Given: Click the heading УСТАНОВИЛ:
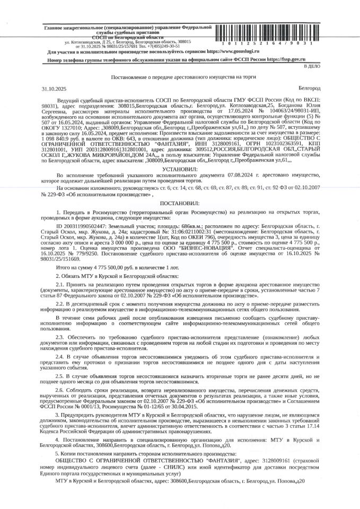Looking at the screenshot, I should (x=180, y=168).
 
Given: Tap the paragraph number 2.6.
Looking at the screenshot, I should (x=60, y=388).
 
